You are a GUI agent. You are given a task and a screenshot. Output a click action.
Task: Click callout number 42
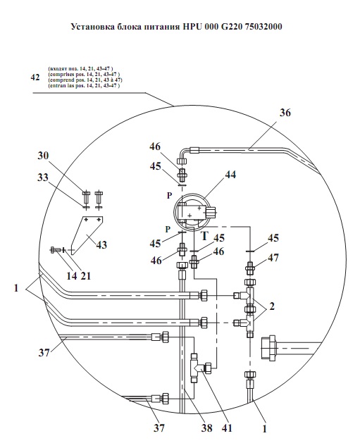[x=35, y=77]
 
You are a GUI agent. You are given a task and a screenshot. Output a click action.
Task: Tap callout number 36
[x=285, y=113]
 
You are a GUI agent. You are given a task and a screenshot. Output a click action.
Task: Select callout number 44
[x=230, y=175]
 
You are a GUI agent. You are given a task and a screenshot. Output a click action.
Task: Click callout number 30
[x=43, y=156]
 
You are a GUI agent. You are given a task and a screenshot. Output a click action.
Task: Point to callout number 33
[x=43, y=177]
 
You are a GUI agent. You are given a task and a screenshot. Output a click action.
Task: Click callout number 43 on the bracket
[x=101, y=244]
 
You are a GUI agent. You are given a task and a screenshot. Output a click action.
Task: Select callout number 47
[x=273, y=258]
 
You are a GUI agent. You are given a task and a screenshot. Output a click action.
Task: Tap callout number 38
[x=206, y=428]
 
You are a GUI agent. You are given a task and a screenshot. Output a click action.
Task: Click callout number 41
[x=227, y=428]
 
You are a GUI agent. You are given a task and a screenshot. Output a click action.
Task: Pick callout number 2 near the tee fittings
[x=272, y=306]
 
